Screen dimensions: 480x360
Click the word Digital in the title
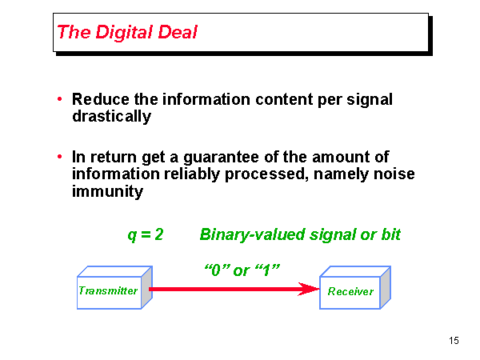pyautogui.click(x=124, y=33)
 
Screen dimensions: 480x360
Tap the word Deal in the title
pyautogui.click(x=178, y=32)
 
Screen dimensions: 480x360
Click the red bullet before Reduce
pyautogui.click(x=60, y=99)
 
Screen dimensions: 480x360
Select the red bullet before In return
pyautogui.click(x=60, y=157)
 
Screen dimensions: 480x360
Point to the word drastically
pyautogui.click(x=112, y=117)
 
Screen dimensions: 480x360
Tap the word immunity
pyautogui.click(x=107, y=192)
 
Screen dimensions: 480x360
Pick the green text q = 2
pyautogui.click(x=146, y=235)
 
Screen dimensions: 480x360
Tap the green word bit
pyautogui.click(x=391, y=234)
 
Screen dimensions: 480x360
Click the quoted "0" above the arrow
pyautogui.click(x=217, y=270)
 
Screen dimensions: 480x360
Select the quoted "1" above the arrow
pyautogui.click(x=267, y=270)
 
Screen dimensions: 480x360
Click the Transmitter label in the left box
pyautogui.click(x=108, y=290)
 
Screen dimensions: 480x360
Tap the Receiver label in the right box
pyautogui.click(x=350, y=291)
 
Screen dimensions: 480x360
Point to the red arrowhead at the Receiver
pyautogui.click(x=309, y=289)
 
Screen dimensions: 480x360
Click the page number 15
pyautogui.click(x=454, y=341)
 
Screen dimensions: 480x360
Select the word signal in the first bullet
pyautogui.click(x=370, y=100)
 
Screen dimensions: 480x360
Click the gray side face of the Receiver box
pyautogui.click(x=386, y=287)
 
